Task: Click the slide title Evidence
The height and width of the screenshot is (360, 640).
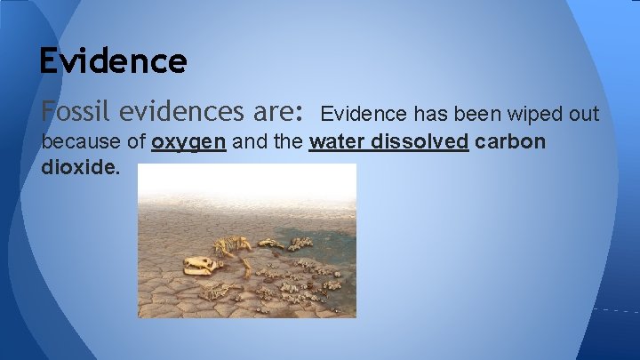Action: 113,60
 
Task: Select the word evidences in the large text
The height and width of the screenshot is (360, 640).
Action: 184,112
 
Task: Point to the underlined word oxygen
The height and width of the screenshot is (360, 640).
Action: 188,142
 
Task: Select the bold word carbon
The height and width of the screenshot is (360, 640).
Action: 510,142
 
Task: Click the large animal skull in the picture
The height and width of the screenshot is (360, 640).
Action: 200,264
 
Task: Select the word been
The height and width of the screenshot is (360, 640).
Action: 478,114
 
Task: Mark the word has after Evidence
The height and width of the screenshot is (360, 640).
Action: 430,114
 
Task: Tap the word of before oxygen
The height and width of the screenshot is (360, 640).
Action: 134,142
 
